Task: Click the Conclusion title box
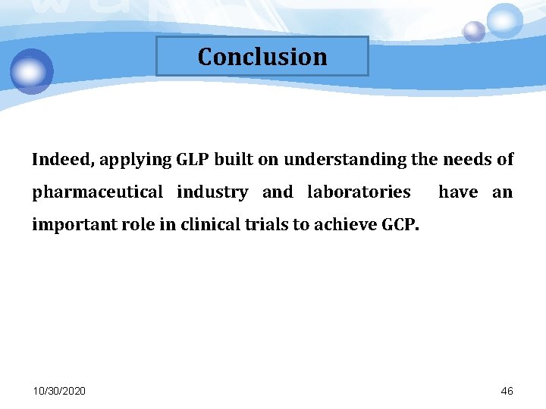262,57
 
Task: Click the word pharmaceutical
97,192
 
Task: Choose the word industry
212,192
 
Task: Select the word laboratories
359,192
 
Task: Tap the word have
458,192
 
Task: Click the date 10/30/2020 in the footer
59,391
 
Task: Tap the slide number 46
507,391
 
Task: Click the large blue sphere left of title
32,70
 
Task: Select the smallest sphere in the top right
474,31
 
